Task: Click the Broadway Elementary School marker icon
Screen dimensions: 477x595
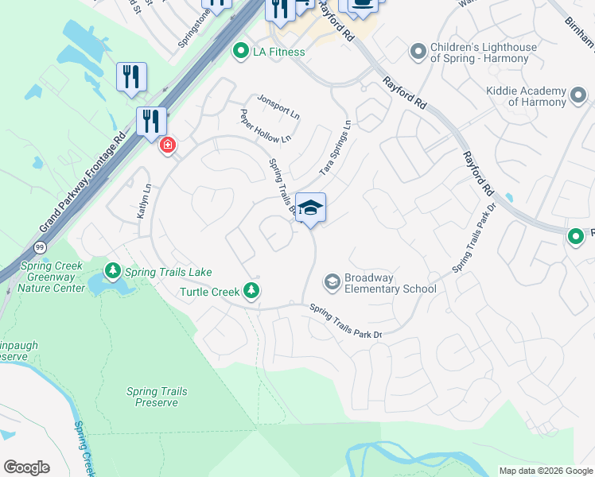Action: pyautogui.click(x=332, y=282)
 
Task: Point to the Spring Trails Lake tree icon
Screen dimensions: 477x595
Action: pyautogui.click(x=112, y=272)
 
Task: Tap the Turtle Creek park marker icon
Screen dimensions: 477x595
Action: pyautogui.click(x=252, y=291)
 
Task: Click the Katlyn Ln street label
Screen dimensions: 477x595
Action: pyautogui.click(x=143, y=202)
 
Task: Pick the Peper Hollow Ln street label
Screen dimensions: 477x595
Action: pyautogui.click(x=266, y=127)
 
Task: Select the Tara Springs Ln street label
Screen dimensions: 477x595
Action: pyautogui.click(x=335, y=149)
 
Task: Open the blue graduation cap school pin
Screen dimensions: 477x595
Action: pyautogui.click(x=310, y=208)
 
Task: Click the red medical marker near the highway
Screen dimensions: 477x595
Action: pyautogui.click(x=167, y=145)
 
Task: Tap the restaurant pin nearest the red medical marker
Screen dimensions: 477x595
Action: pyautogui.click(x=150, y=122)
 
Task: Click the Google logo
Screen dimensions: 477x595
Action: pyautogui.click(x=26, y=467)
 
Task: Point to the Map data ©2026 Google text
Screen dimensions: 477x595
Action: pyautogui.click(x=545, y=471)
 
